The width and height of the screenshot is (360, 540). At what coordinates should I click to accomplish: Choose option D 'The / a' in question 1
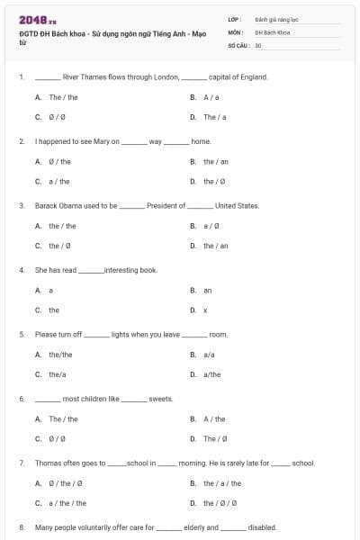coord(214,117)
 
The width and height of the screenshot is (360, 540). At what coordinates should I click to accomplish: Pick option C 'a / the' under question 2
coord(59,181)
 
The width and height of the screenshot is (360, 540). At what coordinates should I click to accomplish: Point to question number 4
coord(21,270)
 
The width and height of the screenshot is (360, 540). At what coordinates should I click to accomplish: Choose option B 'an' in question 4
coord(207,291)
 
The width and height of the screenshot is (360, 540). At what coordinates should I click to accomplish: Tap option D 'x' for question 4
coord(205,310)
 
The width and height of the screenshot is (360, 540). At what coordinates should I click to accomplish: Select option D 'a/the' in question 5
coord(211,374)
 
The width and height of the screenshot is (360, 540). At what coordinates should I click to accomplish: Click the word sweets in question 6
coord(160,399)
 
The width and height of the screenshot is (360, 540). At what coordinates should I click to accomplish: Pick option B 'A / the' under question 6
coord(214,418)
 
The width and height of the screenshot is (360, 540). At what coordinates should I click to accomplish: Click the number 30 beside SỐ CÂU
coord(258,45)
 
